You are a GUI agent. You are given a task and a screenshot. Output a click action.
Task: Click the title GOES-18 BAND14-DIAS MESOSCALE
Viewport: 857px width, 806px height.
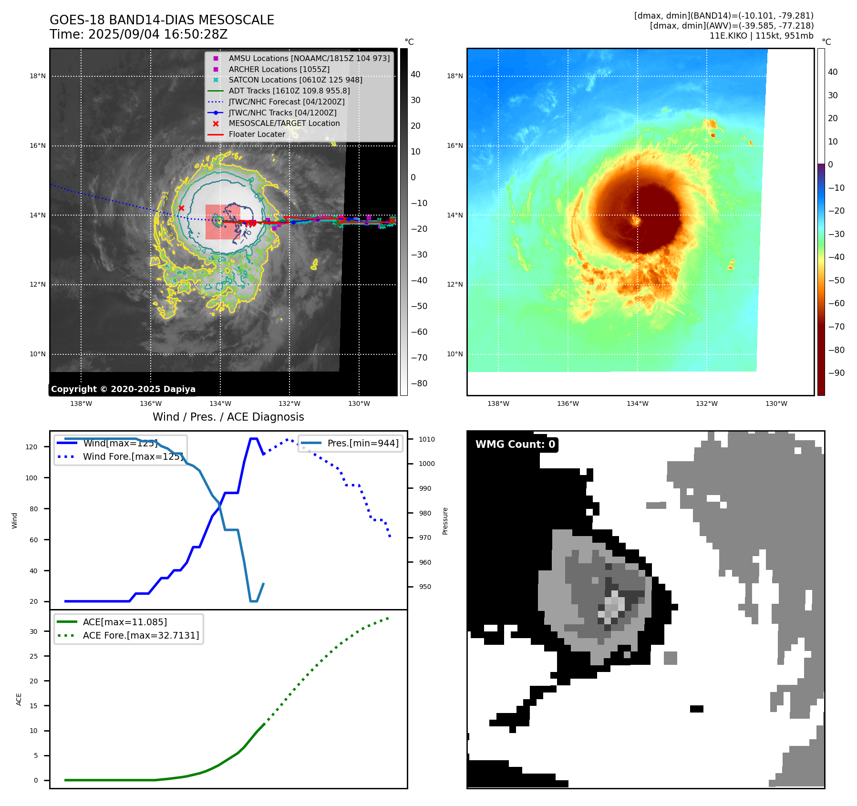click(x=162, y=20)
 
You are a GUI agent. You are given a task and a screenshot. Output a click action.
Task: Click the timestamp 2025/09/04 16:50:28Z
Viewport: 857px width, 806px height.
click(x=157, y=35)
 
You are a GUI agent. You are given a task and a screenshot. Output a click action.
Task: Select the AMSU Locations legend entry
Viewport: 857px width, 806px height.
click(x=309, y=58)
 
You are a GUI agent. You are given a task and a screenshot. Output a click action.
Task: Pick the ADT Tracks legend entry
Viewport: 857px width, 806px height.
click(x=289, y=91)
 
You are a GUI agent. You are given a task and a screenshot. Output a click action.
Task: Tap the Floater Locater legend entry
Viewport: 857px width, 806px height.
click(x=257, y=134)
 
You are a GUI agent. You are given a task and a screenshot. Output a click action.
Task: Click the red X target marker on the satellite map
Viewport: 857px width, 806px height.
click(x=181, y=208)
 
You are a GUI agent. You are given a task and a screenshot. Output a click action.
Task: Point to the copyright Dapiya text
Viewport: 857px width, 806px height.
click(x=123, y=389)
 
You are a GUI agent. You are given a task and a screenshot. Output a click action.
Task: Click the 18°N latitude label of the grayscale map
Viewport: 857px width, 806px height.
click(x=38, y=76)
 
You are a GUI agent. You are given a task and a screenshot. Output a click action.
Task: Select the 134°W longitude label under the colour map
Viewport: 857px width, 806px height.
click(x=637, y=403)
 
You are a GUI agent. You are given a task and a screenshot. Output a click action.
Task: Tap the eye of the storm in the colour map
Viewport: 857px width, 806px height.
click(x=636, y=220)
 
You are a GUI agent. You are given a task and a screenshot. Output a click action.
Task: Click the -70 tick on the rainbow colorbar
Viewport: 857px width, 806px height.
click(x=836, y=327)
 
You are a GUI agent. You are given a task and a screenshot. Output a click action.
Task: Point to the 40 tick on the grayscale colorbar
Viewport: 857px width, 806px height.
click(x=415, y=74)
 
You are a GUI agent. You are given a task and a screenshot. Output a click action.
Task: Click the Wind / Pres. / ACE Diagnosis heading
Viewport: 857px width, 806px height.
click(x=228, y=417)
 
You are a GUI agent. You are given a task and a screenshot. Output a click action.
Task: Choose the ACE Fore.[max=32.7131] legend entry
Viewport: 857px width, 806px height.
click(x=141, y=635)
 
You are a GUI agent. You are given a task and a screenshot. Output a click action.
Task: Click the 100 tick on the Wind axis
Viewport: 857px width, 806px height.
click(x=31, y=478)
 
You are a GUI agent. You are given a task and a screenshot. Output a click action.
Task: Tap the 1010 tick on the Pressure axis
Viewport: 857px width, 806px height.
click(x=427, y=439)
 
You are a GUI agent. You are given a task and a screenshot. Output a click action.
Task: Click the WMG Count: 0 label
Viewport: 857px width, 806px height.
click(x=515, y=444)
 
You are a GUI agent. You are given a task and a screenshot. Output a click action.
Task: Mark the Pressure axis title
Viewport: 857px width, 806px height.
click(x=445, y=521)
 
